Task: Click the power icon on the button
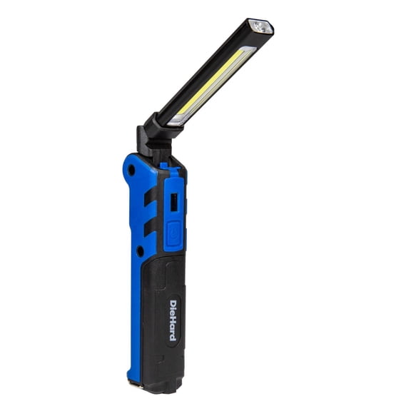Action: pyautogui.click(x=173, y=233)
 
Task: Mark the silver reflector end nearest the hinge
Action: pyautogui.click(x=176, y=121)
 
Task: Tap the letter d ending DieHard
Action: pyautogui.click(x=173, y=335)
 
